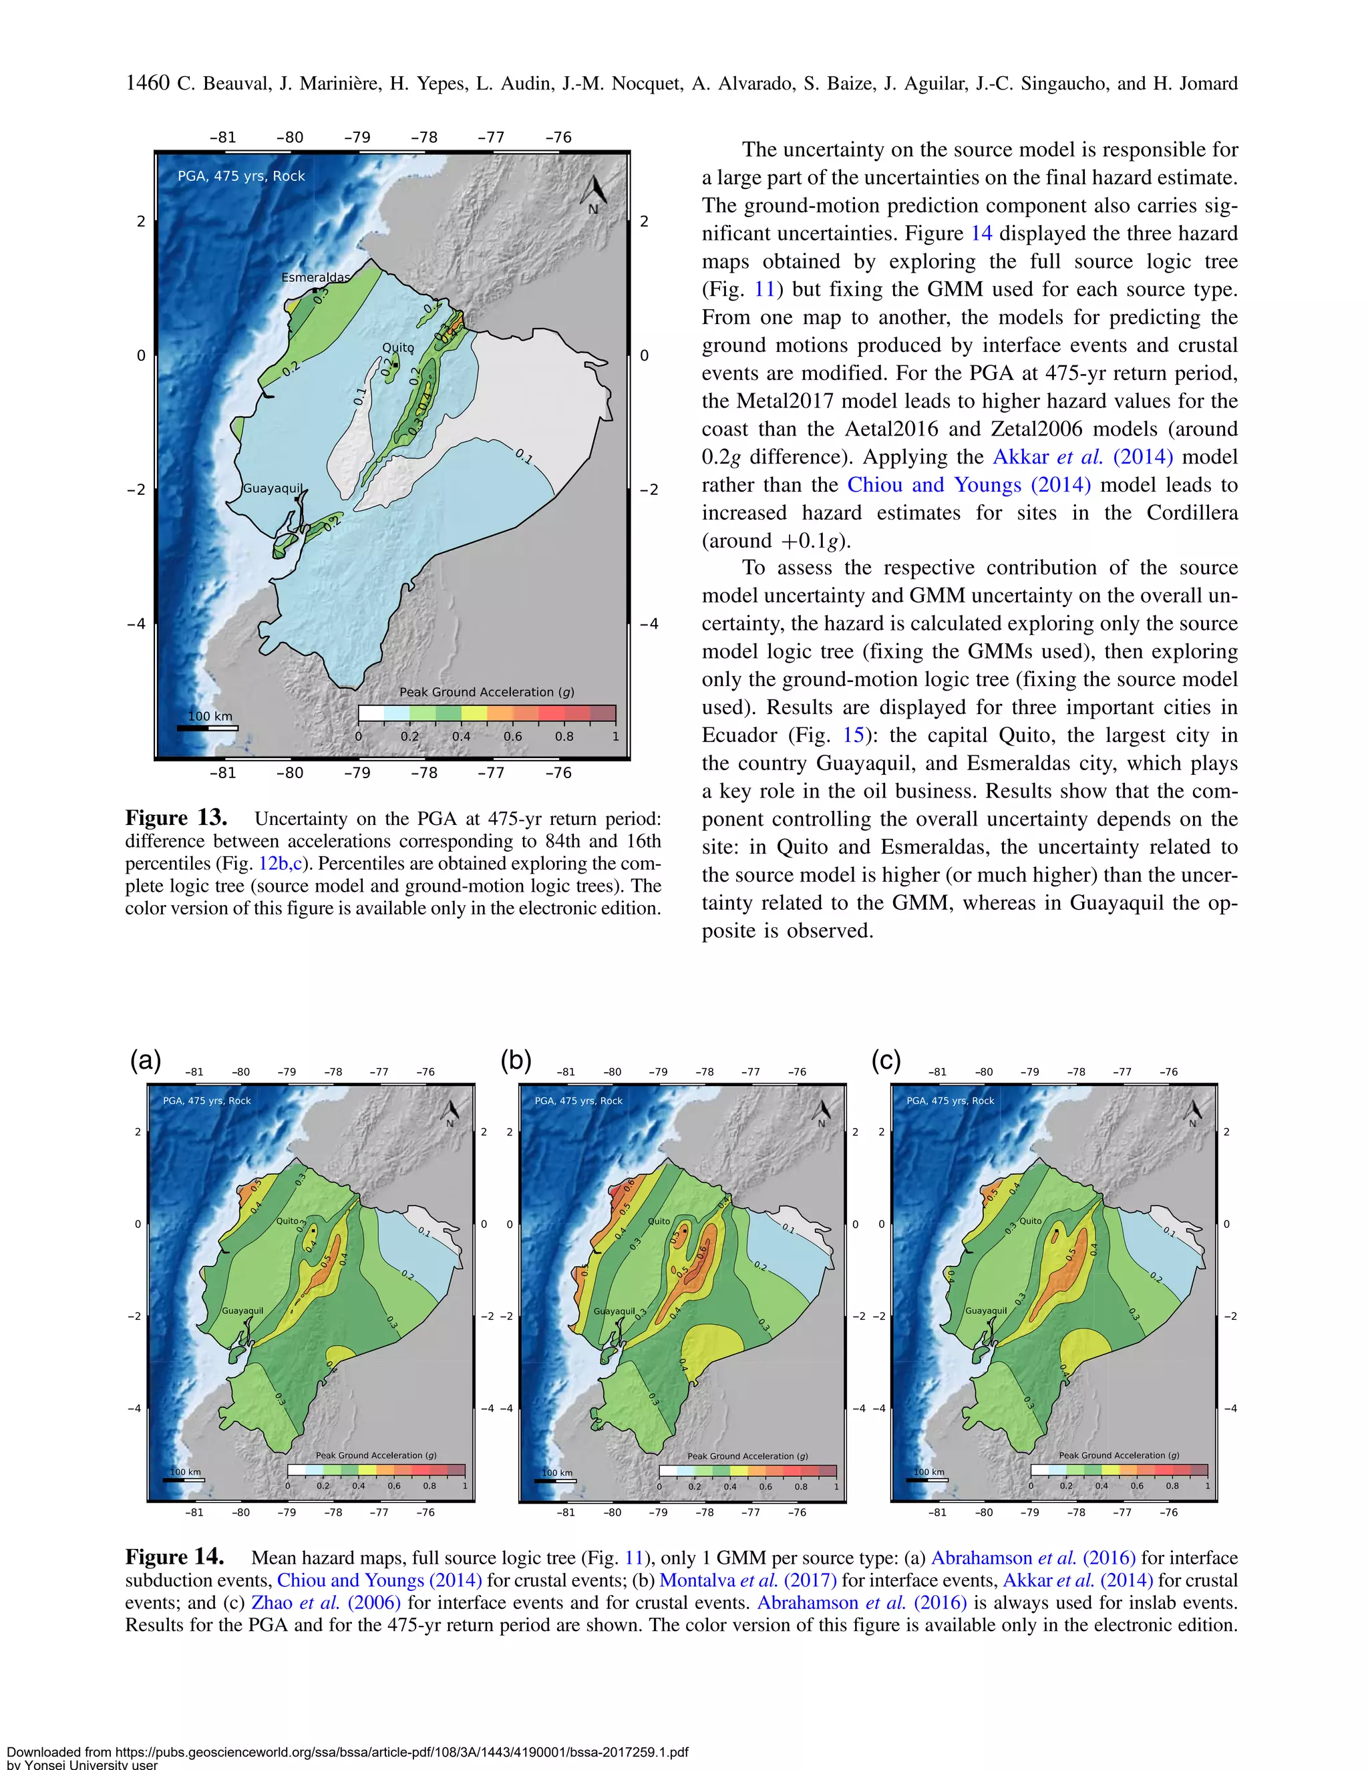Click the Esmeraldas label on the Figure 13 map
coord(315,277)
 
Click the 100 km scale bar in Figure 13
coord(208,727)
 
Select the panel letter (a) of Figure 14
coord(146,1060)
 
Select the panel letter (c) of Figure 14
coord(886,1060)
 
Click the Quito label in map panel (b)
coord(659,1220)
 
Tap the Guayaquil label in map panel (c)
coord(985,1310)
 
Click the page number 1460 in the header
coord(148,83)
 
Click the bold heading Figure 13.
coord(176,817)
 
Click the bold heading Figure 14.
coord(175,1557)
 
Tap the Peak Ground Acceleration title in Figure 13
coord(486,691)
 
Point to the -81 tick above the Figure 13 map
coord(223,137)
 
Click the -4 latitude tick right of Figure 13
coord(649,623)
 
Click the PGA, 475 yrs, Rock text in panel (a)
coord(206,1101)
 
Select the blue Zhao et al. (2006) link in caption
coord(326,1602)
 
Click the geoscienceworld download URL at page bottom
coord(347,1751)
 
